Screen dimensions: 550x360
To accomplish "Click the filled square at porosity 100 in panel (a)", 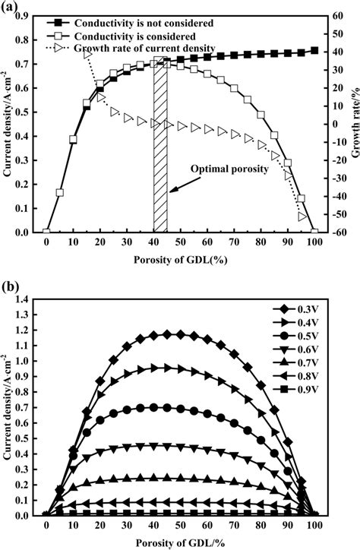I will pos(314,51).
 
